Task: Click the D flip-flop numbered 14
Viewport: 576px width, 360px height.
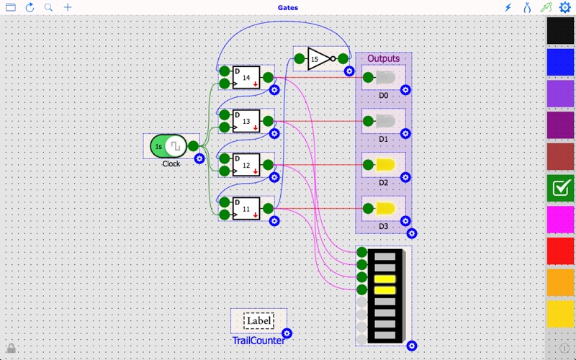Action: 246,77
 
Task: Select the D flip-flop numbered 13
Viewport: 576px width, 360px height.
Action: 246,121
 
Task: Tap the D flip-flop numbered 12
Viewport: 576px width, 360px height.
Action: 246,165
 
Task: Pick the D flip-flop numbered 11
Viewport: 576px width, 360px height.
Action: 246,209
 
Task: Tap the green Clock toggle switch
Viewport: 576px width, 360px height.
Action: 168,146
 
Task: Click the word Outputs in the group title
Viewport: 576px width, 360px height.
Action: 383,58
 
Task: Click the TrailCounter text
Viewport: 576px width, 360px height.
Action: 258,340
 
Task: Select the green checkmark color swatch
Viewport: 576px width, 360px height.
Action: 560,188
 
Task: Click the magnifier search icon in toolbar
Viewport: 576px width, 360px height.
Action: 48,7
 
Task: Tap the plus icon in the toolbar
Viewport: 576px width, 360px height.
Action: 68,7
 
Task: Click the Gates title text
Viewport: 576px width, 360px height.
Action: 288,8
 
